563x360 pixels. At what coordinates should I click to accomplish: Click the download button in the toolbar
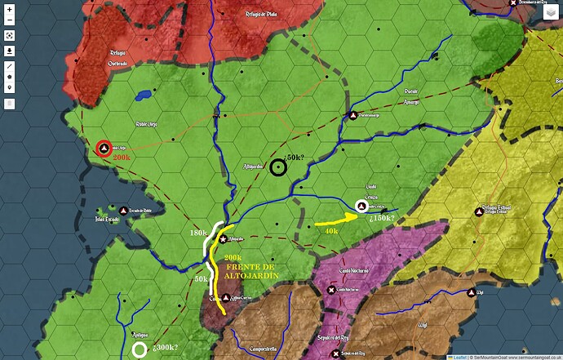point(10,50)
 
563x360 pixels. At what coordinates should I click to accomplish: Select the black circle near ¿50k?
point(278,167)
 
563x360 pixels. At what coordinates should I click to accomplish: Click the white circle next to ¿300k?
point(140,349)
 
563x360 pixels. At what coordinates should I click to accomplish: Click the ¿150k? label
point(383,218)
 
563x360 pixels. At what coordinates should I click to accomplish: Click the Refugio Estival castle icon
point(479,212)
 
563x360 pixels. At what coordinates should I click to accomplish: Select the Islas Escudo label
point(107,220)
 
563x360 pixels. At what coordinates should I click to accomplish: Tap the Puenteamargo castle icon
point(353,115)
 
